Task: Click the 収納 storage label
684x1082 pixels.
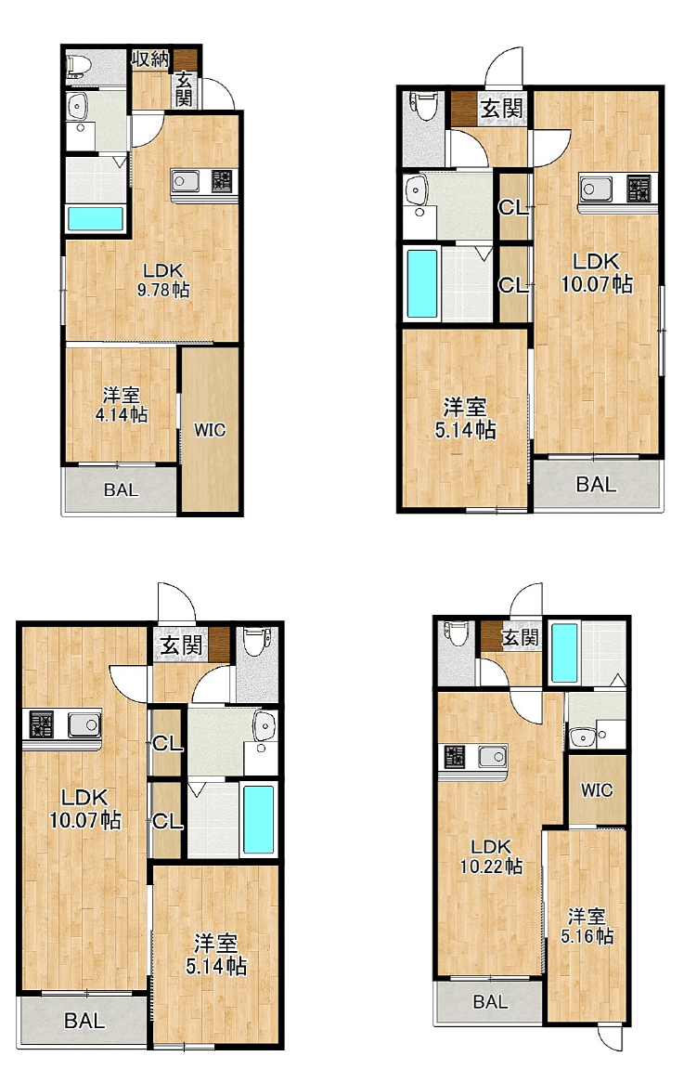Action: point(150,59)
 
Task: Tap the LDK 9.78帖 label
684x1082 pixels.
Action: point(163,280)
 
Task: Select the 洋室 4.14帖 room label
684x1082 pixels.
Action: point(122,405)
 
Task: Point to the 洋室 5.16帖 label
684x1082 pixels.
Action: point(587,926)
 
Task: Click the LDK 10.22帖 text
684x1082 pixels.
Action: point(491,855)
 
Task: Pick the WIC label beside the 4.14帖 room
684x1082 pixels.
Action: point(210,430)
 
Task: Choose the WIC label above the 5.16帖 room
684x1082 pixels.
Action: point(597,789)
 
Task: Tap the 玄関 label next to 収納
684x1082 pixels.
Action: point(183,89)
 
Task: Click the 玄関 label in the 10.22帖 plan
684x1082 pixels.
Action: point(520,637)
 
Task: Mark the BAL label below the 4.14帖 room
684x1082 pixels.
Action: point(121,490)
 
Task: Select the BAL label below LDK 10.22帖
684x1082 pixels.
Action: point(490,1001)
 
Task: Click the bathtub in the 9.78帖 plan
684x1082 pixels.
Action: point(96,219)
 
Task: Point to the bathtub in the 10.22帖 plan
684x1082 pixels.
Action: point(564,653)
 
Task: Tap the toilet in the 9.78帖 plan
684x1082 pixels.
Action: point(79,67)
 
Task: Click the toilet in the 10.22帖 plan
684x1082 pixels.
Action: point(457,632)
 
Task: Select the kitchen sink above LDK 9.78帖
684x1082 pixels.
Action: point(186,181)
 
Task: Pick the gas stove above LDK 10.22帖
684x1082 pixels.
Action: point(455,756)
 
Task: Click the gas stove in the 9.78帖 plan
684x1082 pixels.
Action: point(222,181)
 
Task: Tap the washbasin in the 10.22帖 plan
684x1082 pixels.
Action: point(583,737)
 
